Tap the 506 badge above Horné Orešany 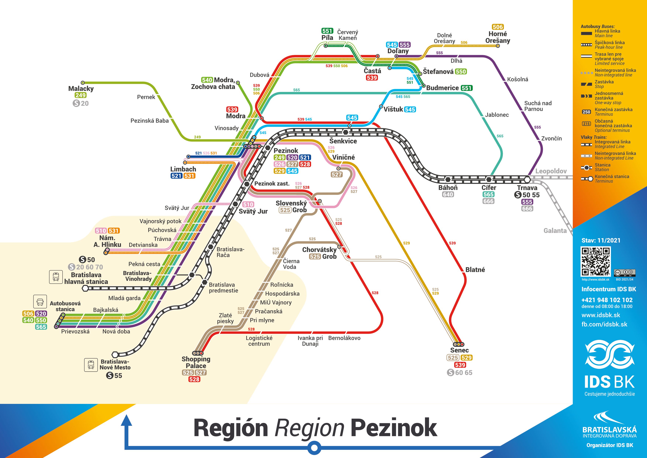498,27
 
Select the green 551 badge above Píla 327,31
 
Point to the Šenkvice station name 343,141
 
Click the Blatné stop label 475,270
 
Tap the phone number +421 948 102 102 607,300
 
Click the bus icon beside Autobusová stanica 40,302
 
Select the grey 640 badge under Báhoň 448,195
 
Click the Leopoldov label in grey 551,171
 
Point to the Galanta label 555,231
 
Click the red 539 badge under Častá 372,78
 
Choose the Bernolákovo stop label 344,338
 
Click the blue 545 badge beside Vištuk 410,109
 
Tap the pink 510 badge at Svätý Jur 248,205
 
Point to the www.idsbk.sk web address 601,315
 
